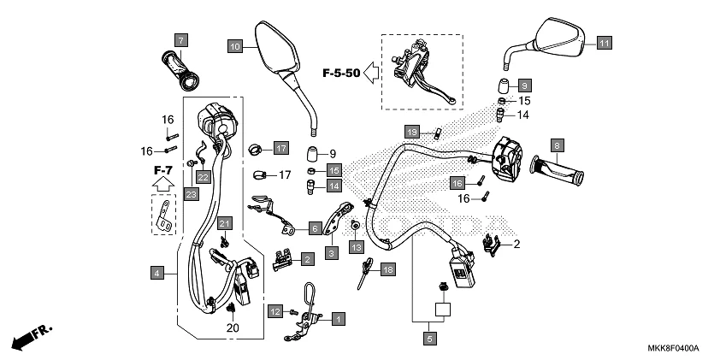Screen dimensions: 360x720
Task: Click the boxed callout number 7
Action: pos(180,39)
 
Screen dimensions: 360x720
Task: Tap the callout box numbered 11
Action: pos(604,44)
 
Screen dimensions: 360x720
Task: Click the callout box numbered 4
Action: pos(156,273)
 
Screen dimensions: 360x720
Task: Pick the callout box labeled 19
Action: pos(411,132)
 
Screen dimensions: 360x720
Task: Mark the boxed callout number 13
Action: pos(356,246)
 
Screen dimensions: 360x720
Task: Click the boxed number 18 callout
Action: pos(388,269)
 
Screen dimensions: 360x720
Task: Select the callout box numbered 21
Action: pos(223,223)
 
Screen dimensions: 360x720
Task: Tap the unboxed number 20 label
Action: pos(232,328)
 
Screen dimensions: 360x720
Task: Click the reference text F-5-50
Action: pos(340,74)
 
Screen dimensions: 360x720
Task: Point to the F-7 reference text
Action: pos(163,170)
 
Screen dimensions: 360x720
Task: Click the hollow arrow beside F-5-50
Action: pos(371,74)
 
